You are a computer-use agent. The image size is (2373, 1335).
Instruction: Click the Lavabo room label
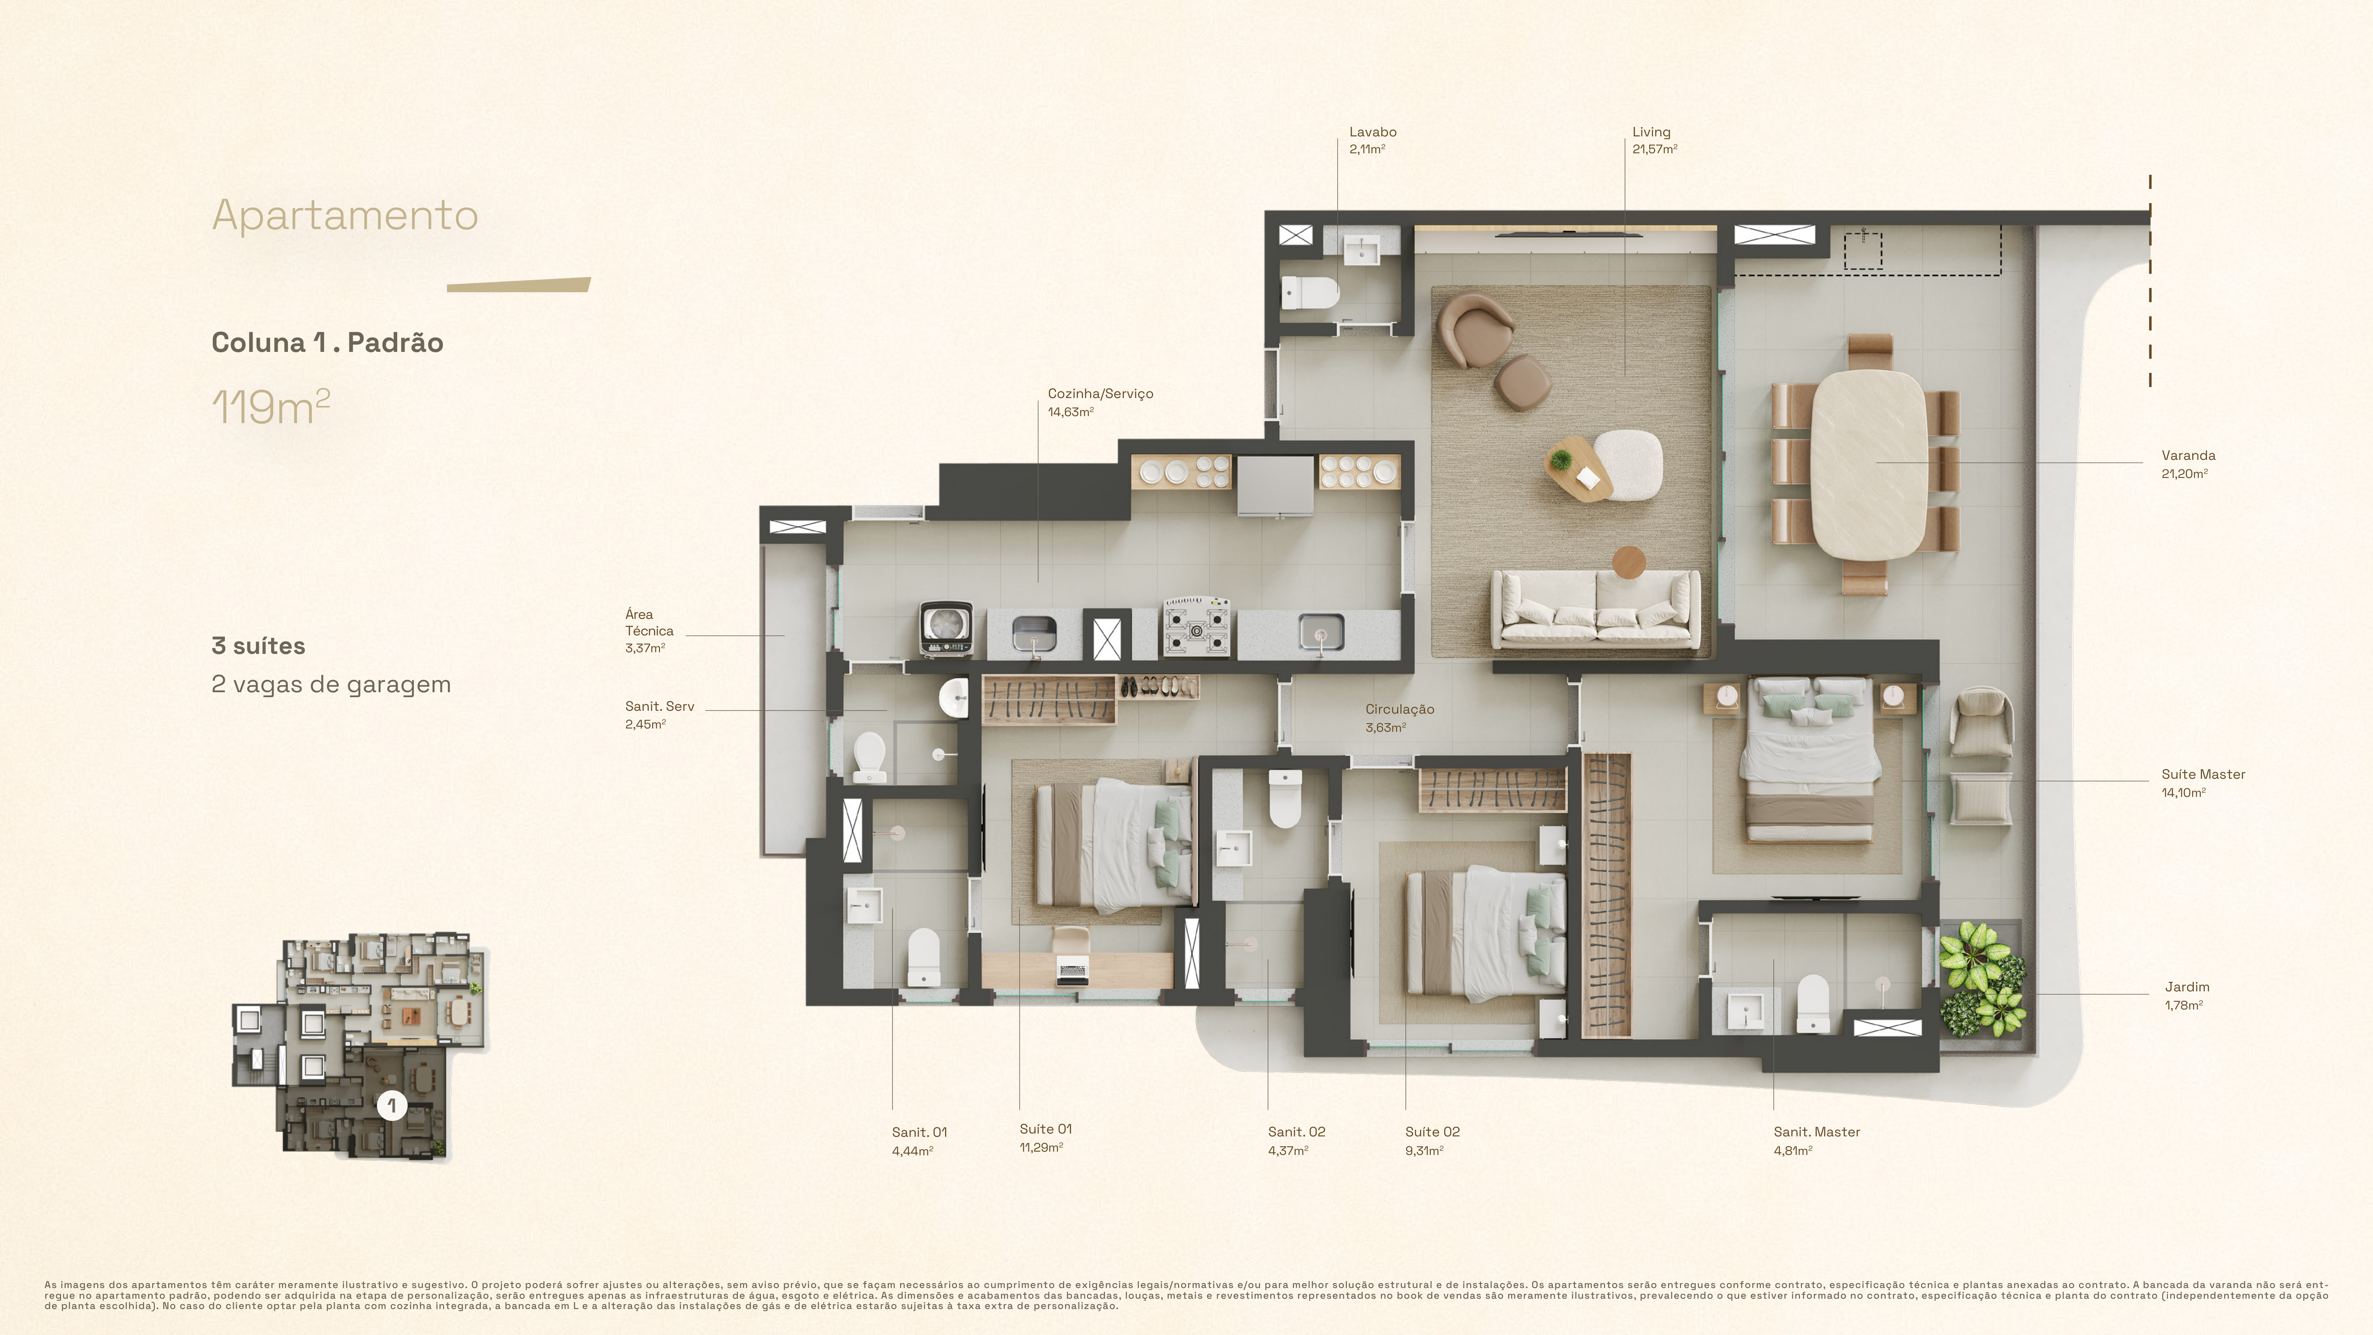point(1373,132)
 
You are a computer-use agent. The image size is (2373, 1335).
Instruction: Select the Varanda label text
point(2188,455)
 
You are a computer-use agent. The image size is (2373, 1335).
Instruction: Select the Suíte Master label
point(2202,774)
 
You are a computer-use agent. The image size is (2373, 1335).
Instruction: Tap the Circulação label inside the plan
point(1399,710)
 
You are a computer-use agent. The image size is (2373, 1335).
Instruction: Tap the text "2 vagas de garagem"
point(331,684)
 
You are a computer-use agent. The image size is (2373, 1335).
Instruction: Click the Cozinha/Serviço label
point(1100,393)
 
